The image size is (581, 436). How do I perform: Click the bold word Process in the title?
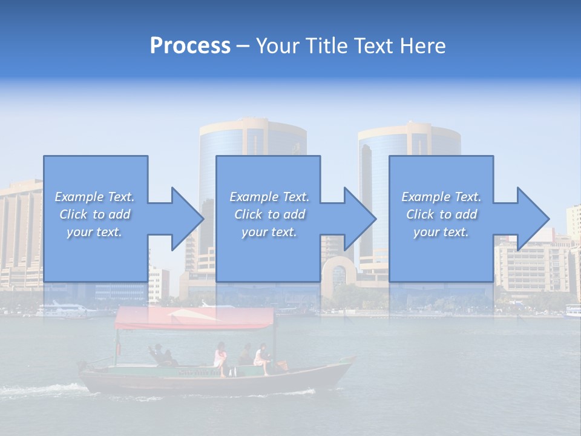pyautogui.click(x=190, y=46)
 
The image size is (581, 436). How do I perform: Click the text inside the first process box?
pyautogui.click(x=94, y=214)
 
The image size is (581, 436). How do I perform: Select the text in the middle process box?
pyautogui.click(x=269, y=214)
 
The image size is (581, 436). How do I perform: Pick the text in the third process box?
pyautogui.click(x=441, y=214)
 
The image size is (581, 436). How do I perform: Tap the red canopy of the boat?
pyautogui.click(x=194, y=319)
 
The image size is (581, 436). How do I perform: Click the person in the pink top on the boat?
pyautogui.click(x=220, y=357)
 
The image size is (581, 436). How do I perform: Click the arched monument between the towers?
pyautogui.click(x=338, y=276)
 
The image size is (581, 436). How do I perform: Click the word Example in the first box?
pyautogui.click(x=78, y=197)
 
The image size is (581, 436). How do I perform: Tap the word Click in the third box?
pyautogui.click(x=420, y=214)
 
